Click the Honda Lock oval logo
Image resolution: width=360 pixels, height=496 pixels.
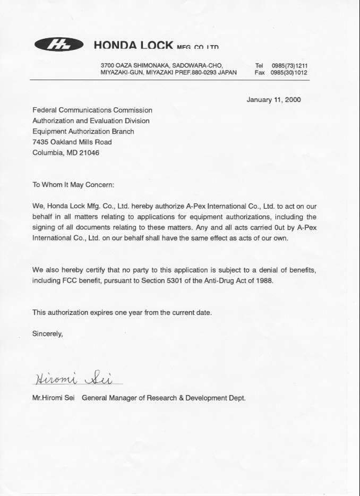[58, 46]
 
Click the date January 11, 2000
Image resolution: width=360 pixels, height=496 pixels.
[273, 99]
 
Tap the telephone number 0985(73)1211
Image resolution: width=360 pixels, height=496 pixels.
[290, 65]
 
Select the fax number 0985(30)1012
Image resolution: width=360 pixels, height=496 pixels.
[290, 73]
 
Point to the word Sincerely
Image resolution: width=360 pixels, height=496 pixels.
[48, 334]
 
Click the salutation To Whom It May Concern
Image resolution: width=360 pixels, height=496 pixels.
[73, 185]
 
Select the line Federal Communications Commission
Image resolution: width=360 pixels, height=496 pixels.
[92, 110]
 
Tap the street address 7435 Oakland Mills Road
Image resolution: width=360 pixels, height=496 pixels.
[72, 142]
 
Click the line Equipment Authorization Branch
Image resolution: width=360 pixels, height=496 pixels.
[83, 131]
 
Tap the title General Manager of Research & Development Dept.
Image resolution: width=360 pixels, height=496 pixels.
[164, 397]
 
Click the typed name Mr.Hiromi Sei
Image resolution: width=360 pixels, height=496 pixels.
[53, 397]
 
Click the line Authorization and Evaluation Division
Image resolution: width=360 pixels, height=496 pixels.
[91, 121]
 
